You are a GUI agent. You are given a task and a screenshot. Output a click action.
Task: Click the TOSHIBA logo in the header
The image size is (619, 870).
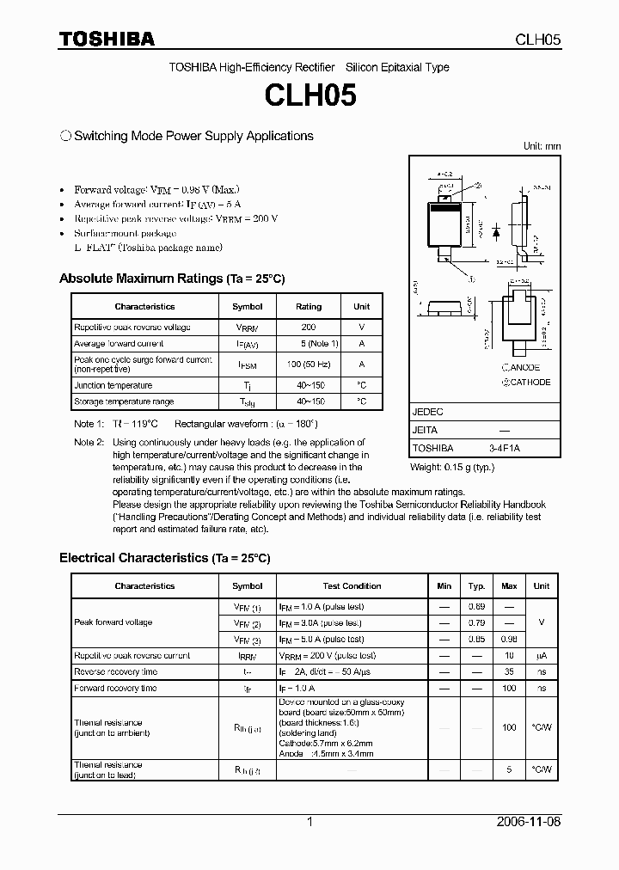[107, 40]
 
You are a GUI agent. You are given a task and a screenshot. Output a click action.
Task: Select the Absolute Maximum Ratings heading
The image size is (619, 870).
[172, 279]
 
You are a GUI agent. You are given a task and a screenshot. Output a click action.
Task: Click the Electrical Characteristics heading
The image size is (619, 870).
[164, 558]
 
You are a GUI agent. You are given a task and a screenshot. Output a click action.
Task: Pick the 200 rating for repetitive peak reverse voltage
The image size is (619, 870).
[309, 328]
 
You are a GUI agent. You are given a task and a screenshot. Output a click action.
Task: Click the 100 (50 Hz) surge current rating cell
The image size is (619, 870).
[309, 365]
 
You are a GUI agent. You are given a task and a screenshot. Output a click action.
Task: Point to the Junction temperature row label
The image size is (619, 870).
[113, 385]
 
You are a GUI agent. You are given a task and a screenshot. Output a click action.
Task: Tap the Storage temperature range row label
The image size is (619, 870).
[124, 401]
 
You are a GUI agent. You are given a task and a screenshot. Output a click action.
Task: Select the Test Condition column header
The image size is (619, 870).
[352, 586]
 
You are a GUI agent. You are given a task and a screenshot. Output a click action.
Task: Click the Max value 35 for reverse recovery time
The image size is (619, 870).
[509, 671]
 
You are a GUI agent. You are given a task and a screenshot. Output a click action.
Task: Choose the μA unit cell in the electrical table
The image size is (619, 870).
[541, 655]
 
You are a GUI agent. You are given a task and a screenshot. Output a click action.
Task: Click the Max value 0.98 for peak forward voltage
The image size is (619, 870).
[509, 640]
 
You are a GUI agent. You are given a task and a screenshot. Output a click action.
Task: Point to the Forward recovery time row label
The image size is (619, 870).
[115, 688]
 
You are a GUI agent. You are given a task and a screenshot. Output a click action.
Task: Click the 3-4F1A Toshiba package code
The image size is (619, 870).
[505, 448]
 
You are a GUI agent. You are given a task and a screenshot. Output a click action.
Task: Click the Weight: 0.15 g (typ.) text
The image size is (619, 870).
[452, 466]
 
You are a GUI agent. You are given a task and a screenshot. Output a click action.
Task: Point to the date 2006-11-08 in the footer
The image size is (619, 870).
[529, 822]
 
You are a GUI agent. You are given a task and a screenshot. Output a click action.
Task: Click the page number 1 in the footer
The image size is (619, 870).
[309, 822]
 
